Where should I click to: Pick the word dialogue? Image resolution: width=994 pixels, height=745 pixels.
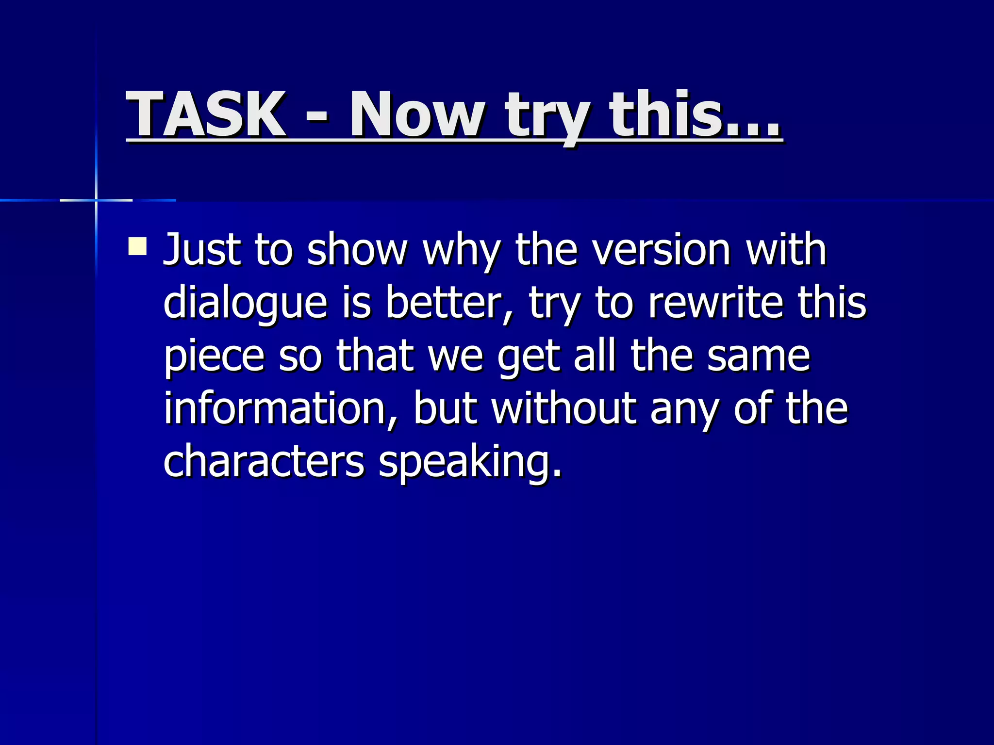point(245,304)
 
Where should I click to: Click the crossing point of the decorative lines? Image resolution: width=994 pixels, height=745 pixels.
point(96,200)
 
